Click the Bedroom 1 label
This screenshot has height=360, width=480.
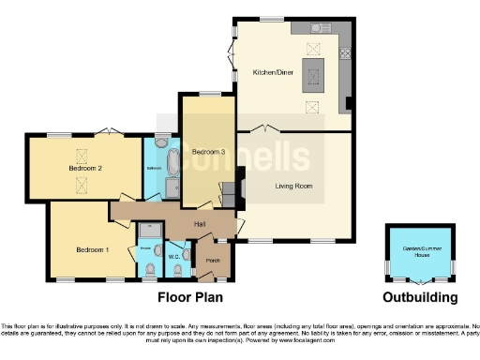[x=93, y=249]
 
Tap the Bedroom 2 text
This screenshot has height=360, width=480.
[x=85, y=169]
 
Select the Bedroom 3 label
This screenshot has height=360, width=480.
[x=208, y=152]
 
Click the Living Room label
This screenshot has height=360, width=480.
[x=293, y=186]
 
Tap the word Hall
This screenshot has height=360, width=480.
[x=200, y=223]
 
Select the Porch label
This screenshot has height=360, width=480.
[x=213, y=261]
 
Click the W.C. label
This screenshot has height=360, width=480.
[x=173, y=256]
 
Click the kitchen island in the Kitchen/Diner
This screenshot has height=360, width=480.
[x=312, y=76]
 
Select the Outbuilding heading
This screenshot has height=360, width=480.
[x=421, y=298]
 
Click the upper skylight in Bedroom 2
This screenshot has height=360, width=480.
[x=78, y=156]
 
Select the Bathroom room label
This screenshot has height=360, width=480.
[x=154, y=168]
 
